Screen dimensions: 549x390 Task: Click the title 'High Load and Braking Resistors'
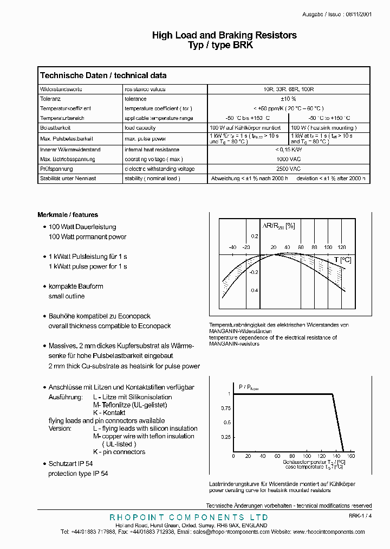(x=224, y=35)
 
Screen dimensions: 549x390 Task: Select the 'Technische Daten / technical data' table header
(x=103, y=75)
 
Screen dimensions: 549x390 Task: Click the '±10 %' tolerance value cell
(x=288, y=99)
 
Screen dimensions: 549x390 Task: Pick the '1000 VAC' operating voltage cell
(x=288, y=159)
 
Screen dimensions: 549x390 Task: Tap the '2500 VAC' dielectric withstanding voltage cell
(x=288, y=169)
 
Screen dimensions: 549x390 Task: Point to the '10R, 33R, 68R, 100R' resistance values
(x=288, y=89)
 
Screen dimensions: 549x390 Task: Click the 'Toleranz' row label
(x=51, y=99)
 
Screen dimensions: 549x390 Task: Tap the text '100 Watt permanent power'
(x=87, y=237)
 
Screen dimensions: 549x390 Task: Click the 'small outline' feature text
(x=67, y=296)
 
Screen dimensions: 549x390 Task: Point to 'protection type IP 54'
(x=78, y=474)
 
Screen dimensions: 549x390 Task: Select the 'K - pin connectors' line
(x=119, y=452)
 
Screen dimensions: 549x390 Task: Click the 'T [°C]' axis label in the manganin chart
(x=342, y=260)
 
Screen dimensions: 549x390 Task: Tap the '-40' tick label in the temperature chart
(x=232, y=247)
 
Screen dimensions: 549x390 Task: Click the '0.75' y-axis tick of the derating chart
(x=225, y=407)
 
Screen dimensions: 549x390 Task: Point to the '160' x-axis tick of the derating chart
(x=350, y=456)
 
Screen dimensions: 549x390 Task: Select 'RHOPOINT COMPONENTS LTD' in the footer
(x=188, y=518)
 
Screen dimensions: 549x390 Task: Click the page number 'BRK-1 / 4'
(x=360, y=516)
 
